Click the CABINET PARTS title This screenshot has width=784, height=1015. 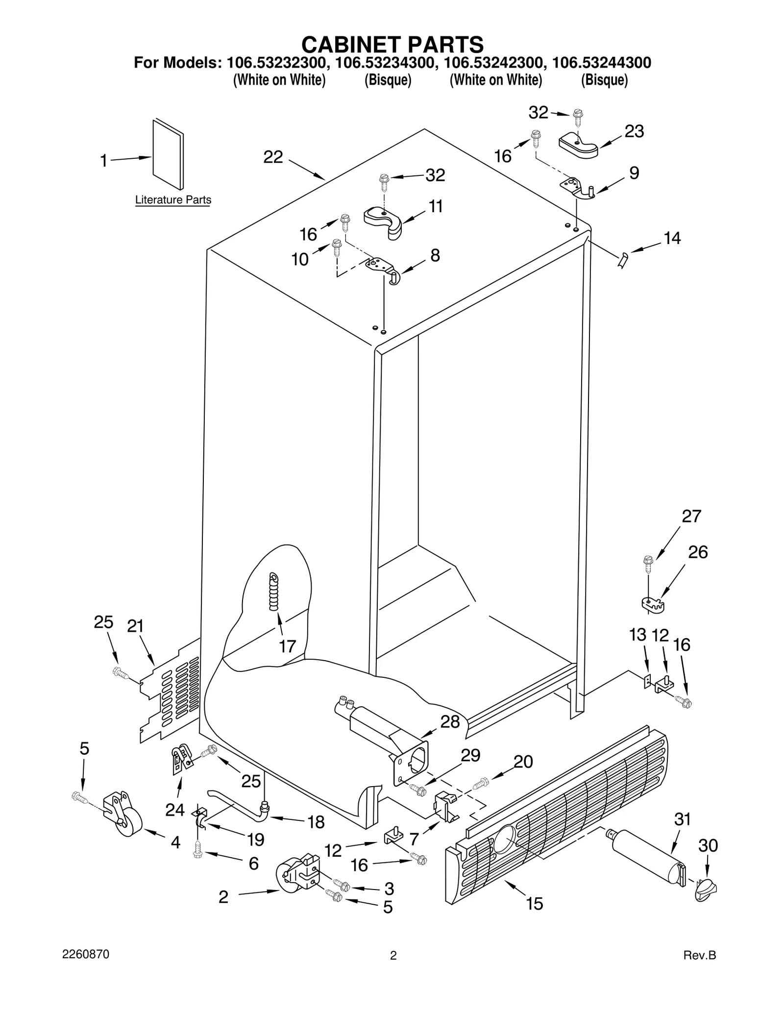pyautogui.click(x=392, y=45)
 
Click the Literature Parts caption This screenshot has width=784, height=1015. pyautogui.click(x=173, y=200)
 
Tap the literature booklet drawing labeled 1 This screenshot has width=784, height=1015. pyautogui.click(x=168, y=154)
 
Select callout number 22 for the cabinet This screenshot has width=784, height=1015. pyautogui.click(x=273, y=157)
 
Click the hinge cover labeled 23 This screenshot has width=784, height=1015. pyautogui.click(x=578, y=145)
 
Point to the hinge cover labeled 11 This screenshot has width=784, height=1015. pyautogui.click(x=383, y=222)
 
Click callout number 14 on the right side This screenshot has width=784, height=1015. pyautogui.click(x=672, y=238)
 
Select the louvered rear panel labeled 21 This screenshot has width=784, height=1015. pyautogui.click(x=171, y=691)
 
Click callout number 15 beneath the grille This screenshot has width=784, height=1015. pyautogui.click(x=535, y=903)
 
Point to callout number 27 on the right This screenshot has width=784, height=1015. pyautogui.click(x=691, y=516)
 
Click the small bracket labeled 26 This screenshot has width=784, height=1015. pyautogui.click(x=653, y=604)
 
